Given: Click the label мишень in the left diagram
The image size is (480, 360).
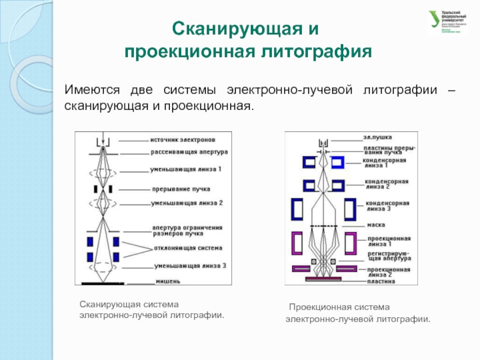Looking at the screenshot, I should (x=169, y=281).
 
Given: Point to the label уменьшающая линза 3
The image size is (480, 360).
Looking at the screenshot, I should (x=190, y=265).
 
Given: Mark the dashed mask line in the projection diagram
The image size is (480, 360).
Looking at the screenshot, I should (x=324, y=226).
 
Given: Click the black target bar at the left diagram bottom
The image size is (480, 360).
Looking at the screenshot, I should (x=103, y=281).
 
